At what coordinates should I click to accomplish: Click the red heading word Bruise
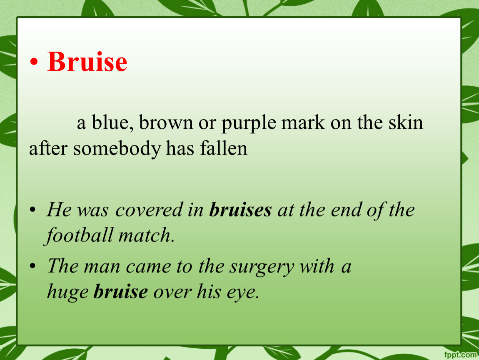click(x=87, y=61)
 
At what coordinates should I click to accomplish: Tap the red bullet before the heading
click(x=34, y=62)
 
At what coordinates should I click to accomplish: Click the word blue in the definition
click(x=112, y=122)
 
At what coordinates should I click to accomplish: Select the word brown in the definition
click(x=166, y=123)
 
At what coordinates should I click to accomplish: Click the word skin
click(x=406, y=122)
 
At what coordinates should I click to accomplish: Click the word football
click(x=78, y=236)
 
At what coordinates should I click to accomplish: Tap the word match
click(x=146, y=235)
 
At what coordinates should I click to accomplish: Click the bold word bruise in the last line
click(x=121, y=291)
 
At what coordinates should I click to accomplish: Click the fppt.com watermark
click(x=460, y=355)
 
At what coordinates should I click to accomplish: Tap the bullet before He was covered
click(x=32, y=210)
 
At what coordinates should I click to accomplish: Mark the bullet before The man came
click(x=32, y=266)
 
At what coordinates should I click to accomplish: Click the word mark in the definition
click(x=303, y=122)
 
